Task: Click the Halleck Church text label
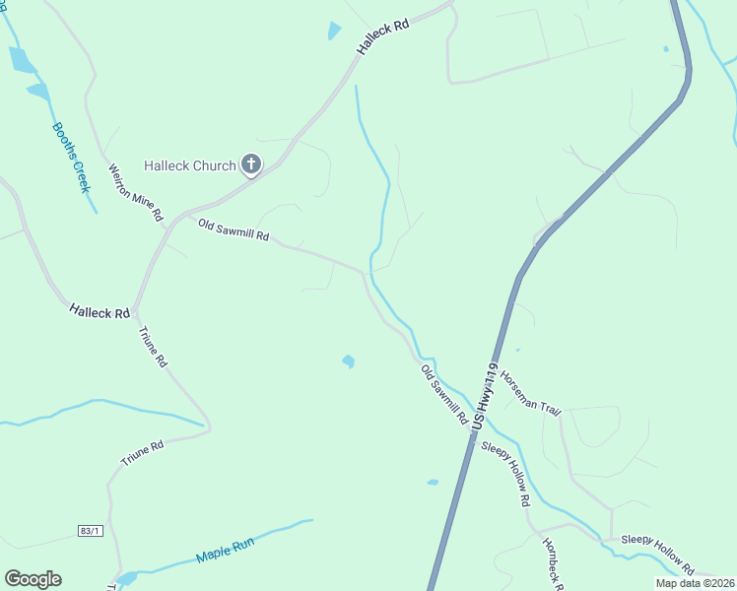190,165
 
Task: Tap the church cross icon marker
251,164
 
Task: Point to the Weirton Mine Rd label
135,192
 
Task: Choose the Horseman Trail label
529,392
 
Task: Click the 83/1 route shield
90,531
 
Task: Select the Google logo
33,579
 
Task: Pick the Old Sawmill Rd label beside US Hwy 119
444,394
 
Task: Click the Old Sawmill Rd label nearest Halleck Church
234,230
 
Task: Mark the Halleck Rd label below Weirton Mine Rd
100,312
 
